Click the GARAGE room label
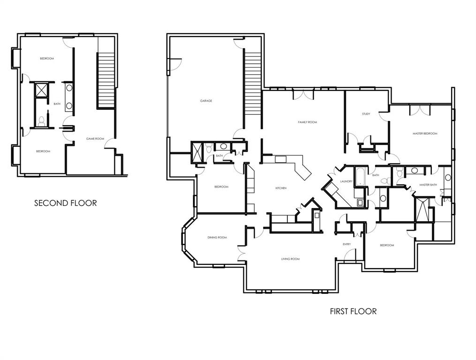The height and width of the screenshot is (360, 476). pos(206,101)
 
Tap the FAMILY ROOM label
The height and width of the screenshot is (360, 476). pos(307,122)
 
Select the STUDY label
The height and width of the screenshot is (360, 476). pos(366,114)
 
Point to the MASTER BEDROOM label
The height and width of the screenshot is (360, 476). pos(424,134)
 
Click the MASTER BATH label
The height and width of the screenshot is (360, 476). pos(428,185)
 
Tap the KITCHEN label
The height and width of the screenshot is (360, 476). pos(280,188)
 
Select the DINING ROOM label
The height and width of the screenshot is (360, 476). pos(217,238)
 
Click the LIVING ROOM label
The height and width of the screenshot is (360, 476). pos(290,259)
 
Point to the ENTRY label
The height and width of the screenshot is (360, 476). pos(347,244)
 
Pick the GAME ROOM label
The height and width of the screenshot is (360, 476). pos(95,139)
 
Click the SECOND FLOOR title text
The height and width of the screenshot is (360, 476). pos(66,203)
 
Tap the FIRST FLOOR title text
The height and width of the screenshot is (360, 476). pos(353,311)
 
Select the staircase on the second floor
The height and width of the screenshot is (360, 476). pos(106,80)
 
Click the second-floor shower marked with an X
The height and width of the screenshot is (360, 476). pos(41,90)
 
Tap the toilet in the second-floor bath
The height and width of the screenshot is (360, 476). pos(41,121)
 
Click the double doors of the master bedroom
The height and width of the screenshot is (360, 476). pos(419,109)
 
